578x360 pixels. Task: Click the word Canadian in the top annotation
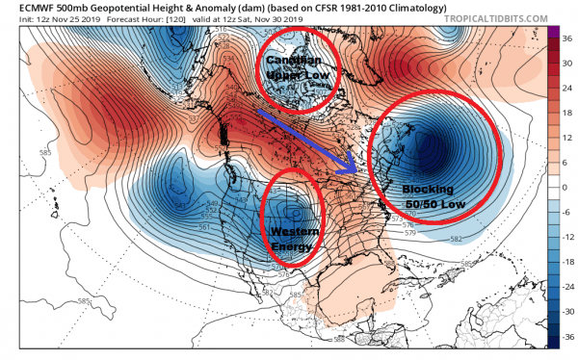(x=289, y=60)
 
